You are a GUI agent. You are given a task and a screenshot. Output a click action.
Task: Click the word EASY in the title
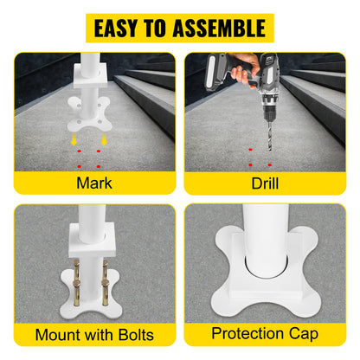121,28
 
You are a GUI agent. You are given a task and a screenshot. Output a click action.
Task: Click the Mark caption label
93,183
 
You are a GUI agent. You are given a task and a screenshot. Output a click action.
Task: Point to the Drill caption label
266,183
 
